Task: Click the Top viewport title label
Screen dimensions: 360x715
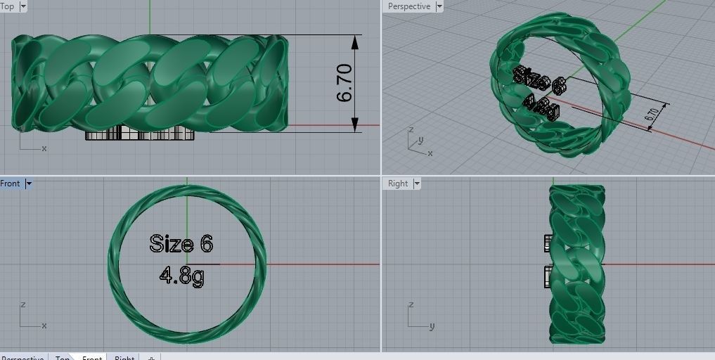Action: [x=7, y=6]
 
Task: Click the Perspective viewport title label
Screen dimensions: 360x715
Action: [x=409, y=6]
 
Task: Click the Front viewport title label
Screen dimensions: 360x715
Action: [x=10, y=184]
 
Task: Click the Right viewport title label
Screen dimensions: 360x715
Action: [x=398, y=184]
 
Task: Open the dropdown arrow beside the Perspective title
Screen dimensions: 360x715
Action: [x=439, y=6]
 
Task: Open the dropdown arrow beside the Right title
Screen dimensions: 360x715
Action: [x=417, y=184]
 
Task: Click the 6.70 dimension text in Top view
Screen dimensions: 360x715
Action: [x=344, y=84]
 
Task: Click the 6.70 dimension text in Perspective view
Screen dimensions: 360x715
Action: [x=652, y=116]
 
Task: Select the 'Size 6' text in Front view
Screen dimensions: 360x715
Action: [x=181, y=244]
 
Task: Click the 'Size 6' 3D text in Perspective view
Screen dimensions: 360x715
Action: [x=539, y=80]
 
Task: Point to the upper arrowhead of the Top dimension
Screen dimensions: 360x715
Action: [x=355, y=41]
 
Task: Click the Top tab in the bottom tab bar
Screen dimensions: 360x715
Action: [x=63, y=356]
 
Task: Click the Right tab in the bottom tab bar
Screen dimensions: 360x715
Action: [x=124, y=356]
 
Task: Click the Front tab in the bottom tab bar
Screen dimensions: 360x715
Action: [x=92, y=356]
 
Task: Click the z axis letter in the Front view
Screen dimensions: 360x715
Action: [x=23, y=304]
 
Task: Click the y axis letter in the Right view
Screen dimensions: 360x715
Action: [x=432, y=326]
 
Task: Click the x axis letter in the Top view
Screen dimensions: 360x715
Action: [x=44, y=148]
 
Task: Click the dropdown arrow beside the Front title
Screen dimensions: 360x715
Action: [x=29, y=184]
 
